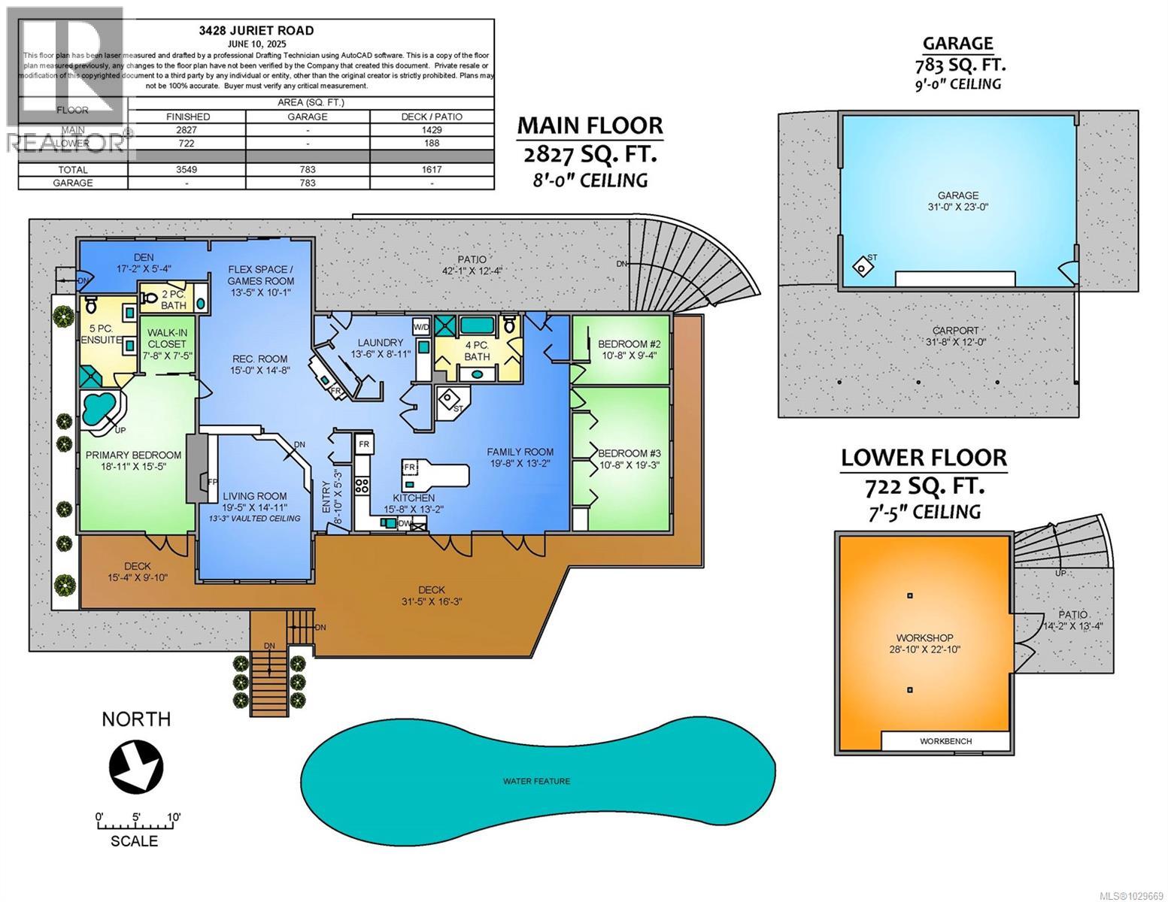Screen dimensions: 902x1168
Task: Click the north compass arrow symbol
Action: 136,766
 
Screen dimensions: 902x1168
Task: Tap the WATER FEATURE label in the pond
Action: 536,781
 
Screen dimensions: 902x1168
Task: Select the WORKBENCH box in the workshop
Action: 945,741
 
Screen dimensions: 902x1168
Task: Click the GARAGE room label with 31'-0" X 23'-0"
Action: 957,200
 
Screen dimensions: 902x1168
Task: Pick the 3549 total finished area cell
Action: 187,170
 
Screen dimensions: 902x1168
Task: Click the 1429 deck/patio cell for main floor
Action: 432,130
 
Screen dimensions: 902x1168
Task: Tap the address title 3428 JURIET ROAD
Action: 256,31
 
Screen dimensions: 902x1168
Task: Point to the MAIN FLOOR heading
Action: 590,126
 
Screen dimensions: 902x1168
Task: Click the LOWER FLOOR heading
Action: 923,458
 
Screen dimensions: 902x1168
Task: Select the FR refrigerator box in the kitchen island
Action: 411,468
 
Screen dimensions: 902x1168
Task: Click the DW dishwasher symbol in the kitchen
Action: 404,524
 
